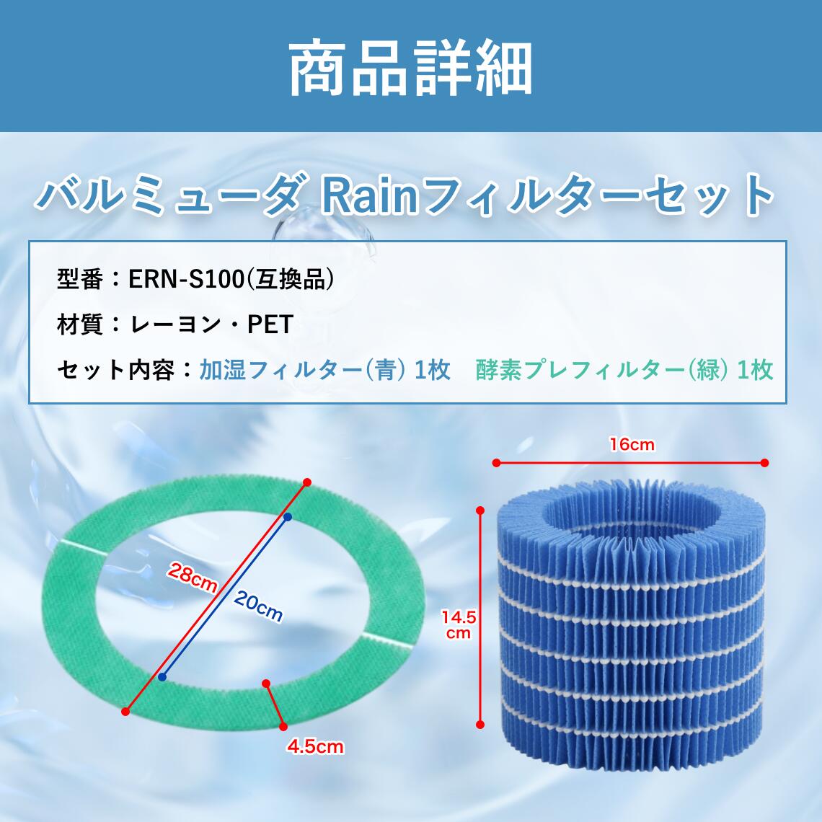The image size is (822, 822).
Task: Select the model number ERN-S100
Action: coord(187,279)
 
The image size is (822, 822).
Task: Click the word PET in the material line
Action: coord(270,324)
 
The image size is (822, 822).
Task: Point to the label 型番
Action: coord(80,279)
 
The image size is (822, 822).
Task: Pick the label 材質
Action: coord(80,324)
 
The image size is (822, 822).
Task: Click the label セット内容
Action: coord(115,370)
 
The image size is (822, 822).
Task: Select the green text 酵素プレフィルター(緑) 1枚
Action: coord(624,370)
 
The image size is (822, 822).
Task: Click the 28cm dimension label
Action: coord(193,577)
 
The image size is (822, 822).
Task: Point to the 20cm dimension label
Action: coord(258,606)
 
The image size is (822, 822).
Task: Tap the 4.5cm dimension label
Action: coord(315,746)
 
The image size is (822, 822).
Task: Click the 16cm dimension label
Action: coord(632,445)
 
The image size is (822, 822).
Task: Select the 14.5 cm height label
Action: coord(458,624)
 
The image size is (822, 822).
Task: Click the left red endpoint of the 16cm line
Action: coord(497,462)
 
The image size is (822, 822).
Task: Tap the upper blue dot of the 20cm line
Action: coord(287,517)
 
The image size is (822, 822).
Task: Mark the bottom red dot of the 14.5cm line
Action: coord(480,725)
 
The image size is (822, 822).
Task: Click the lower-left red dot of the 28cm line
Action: coord(125,712)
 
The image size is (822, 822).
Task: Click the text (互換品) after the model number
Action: coord(290,279)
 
